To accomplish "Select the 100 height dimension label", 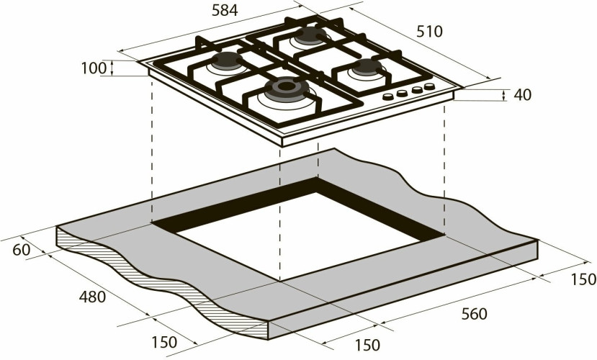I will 93,69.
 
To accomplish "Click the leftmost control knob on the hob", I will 389,96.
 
